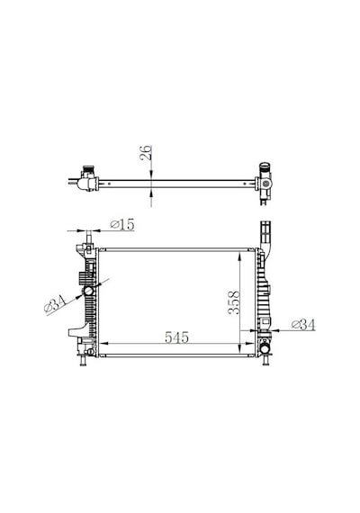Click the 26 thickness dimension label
146,152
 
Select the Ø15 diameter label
122,225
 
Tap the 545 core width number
176,337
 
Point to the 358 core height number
234,303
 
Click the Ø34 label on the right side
303,325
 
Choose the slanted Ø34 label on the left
55,303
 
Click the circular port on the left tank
88,290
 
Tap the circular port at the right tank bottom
265,349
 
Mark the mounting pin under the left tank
83,361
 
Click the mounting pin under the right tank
265,361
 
